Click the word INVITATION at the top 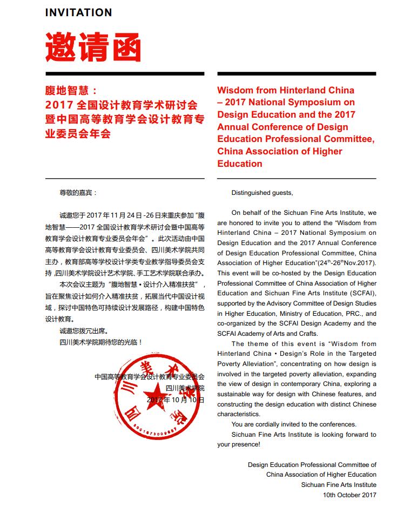[79, 12]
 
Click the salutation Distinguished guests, [262, 193]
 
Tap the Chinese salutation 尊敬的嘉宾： [78, 192]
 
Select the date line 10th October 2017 [349, 495]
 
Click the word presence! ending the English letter [239, 444]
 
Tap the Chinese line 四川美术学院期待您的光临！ [101, 342]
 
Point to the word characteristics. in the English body [239, 414]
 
